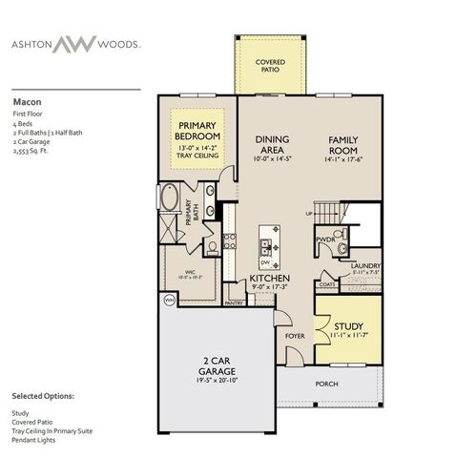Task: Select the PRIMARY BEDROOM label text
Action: coord(197,131)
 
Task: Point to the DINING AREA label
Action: coord(272,145)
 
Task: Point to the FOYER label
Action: coord(295,335)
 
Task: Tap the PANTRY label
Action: coord(234,302)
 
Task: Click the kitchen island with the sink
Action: coord(270,247)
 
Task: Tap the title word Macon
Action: coord(26,98)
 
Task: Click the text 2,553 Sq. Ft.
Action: coord(32,150)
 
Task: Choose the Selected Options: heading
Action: coord(43,394)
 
